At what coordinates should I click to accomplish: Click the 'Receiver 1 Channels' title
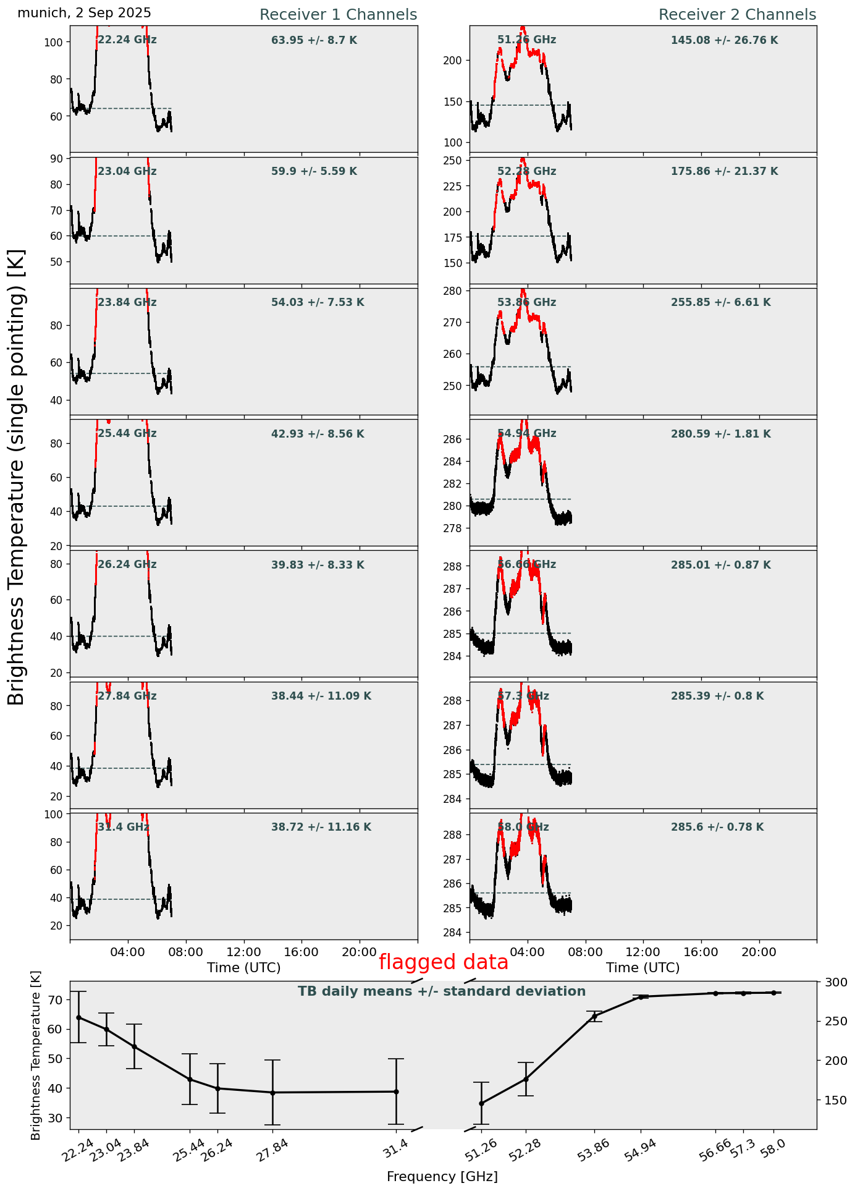point(338,15)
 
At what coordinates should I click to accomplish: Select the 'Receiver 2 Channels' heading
point(737,15)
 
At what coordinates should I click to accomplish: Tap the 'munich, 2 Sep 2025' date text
point(84,13)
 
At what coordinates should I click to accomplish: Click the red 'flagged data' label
point(443,962)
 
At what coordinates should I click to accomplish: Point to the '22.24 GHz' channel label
point(127,40)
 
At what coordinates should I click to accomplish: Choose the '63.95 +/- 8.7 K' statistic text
point(314,41)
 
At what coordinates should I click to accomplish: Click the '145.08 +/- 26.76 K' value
point(724,41)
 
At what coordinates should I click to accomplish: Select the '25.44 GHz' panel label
point(127,434)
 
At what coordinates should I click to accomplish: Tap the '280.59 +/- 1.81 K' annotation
point(720,434)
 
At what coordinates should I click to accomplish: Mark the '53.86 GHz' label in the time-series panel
point(526,303)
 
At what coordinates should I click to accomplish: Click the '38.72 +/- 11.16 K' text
point(321,828)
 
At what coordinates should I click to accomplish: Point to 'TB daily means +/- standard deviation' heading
point(442,991)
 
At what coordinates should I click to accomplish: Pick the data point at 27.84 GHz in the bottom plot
point(272,1093)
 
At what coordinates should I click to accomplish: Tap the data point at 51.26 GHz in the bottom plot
point(481,1103)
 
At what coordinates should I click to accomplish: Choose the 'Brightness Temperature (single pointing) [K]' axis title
point(16,477)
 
